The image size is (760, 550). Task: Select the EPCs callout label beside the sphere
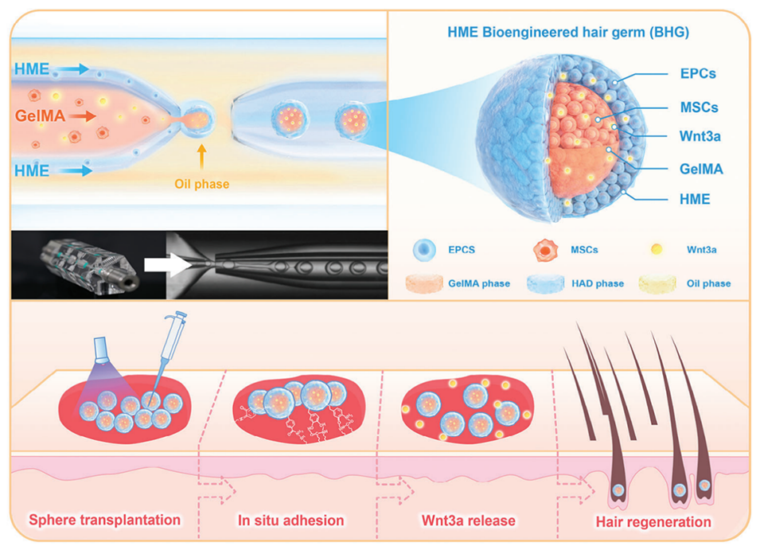pos(699,73)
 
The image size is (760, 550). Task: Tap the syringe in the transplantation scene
pos(167,354)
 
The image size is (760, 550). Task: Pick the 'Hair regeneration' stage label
pos(653,522)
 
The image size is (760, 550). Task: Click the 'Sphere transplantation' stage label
pos(104,521)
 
